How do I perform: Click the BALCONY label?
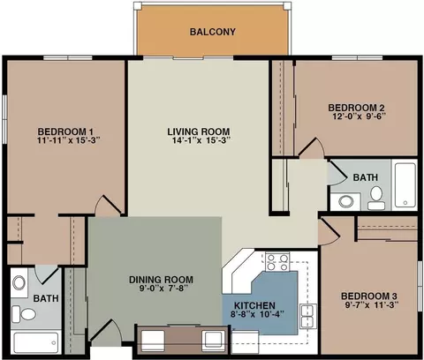click(x=213, y=32)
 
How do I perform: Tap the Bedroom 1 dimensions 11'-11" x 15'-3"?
click(x=69, y=140)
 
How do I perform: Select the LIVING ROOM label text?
click(x=199, y=131)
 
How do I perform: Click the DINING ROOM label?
click(x=161, y=280)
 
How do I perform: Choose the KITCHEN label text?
click(x=254, y=305)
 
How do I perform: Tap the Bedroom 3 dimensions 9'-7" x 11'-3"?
click(x=372, y=304)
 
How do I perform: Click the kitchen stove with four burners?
click(x=277, y=262)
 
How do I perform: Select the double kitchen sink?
click(x=307, y=317)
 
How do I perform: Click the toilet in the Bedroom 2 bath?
click(x=376, y=198)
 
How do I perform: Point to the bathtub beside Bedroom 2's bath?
click(x=405, y=185)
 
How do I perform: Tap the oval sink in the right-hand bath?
click(x=346, y=201)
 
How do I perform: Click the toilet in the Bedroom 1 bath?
click(x=24, y=314)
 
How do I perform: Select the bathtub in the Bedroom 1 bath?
click(x=36, y=342)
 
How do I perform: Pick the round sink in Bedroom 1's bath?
click(x=19, y=282)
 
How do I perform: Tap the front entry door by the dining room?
click(x=106, y=332)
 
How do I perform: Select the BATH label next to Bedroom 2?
click(x=366, y=177)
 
